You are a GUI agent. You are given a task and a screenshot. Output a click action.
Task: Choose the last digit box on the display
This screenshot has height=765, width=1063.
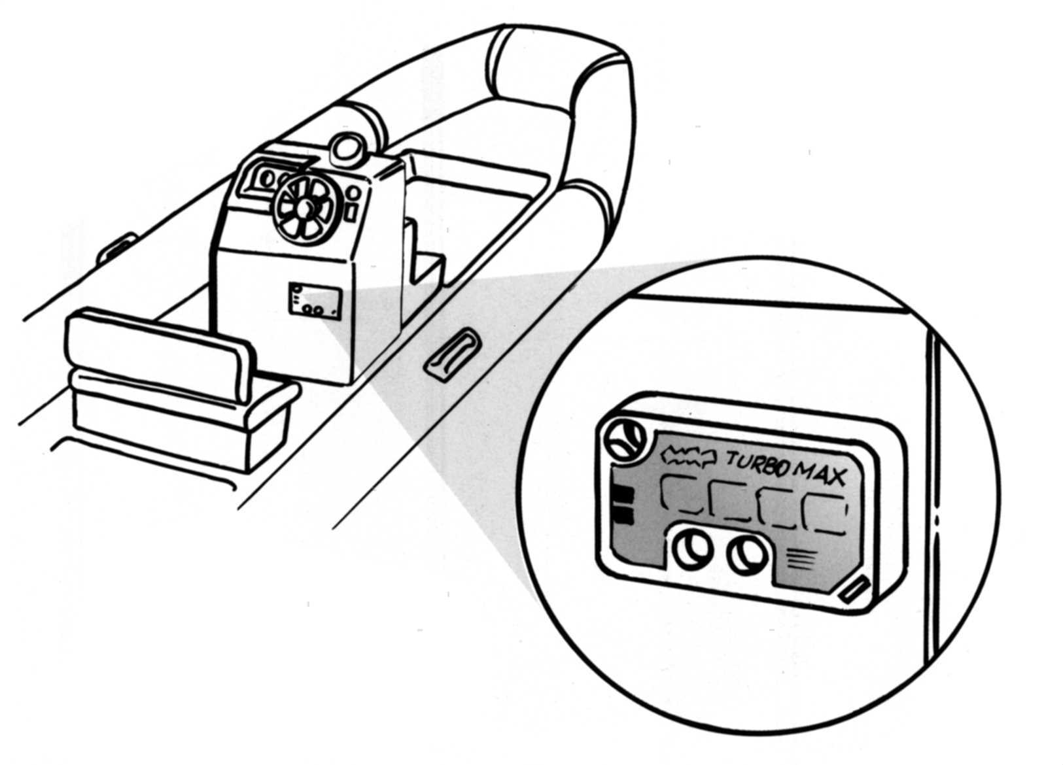824,512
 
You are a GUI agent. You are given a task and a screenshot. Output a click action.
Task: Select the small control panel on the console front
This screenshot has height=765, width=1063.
315,301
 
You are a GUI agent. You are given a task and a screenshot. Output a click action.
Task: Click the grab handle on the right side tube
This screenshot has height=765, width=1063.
453,355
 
